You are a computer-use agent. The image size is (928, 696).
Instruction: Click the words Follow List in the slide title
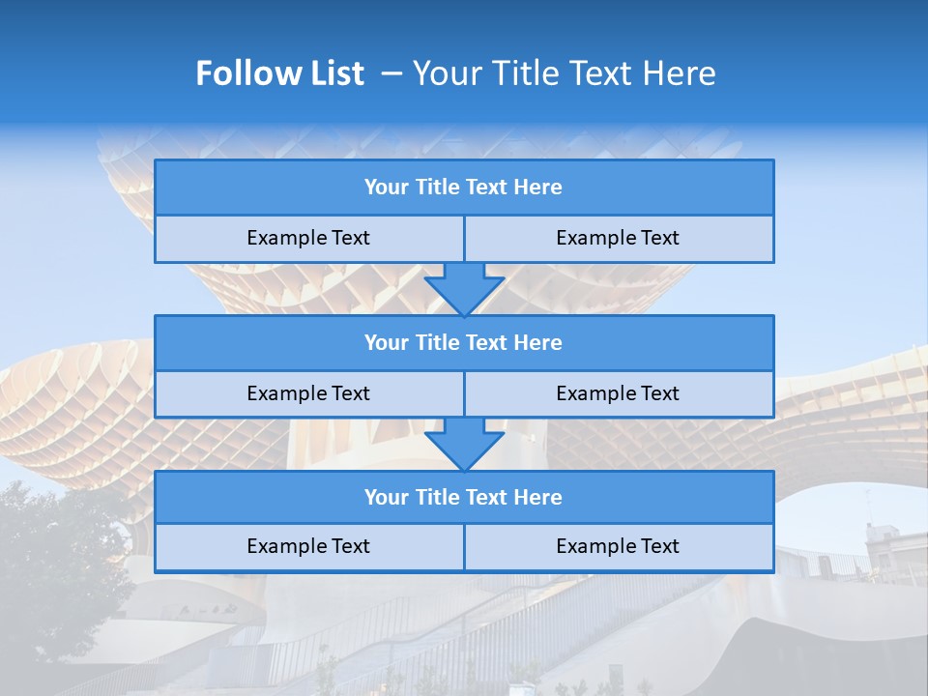coord(279,73)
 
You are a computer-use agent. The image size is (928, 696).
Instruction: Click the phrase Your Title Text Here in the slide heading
coord(564,73)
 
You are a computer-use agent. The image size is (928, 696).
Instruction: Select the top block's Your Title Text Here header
coord(463,188)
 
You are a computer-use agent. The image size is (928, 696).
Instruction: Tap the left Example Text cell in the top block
coord(308,238)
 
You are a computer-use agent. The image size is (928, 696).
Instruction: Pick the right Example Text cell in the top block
coord(618,238)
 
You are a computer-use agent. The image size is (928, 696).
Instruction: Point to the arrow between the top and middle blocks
coord(464,288)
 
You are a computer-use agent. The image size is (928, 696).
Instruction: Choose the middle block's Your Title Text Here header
coord(463,342)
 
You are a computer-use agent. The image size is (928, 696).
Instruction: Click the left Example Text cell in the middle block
coord(308,393)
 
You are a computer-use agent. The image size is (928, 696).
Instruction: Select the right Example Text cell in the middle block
coord(618,393)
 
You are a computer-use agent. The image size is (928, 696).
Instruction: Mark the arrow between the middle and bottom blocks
coord(464,444)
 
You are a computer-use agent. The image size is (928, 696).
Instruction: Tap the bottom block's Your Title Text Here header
coord(463,497)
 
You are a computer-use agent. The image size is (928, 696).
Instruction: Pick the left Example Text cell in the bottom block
coord(308,546)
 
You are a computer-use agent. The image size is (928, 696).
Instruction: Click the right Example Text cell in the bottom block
coord(618,546)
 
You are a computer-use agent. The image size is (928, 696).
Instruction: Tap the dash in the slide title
coord(391,73)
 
